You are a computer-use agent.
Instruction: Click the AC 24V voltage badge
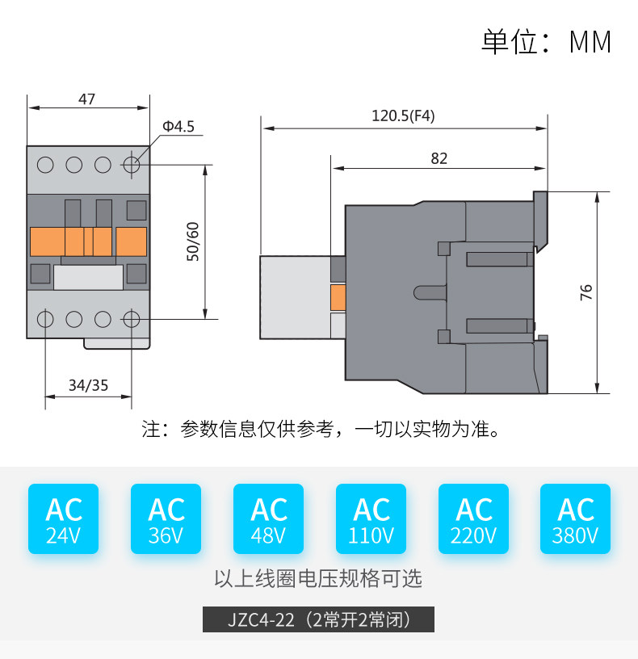(x=64, y=518)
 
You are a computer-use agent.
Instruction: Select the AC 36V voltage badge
(x=166, y=518)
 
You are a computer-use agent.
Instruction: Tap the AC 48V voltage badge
(x=269, y=518)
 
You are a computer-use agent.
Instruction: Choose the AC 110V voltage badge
(x=371, y=518)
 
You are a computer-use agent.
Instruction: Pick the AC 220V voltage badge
(x=474, y=518)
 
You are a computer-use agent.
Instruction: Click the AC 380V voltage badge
(x=575, y=518)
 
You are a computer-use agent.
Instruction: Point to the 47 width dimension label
(x=86, y=99)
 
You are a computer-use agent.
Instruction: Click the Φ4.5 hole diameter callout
(x=178, y=126)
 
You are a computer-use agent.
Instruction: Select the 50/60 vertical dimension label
(x=193, y=241)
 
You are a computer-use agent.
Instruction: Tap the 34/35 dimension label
(x=88, y=385)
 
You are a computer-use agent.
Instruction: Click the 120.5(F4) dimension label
(x=403, y=115)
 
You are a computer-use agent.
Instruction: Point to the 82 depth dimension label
(x=439, y=158)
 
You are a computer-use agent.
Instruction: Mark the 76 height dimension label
(x=586, y=292)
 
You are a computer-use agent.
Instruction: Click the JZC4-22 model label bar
(x=318, y=619)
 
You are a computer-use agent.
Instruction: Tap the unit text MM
(x=590, y=42)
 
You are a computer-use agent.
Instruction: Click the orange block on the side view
(x=338, y=298)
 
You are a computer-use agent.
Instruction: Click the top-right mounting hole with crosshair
(x=132, y=165)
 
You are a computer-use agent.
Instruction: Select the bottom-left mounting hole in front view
(x=45, y=320)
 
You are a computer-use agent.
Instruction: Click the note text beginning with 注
(x=321, y=429)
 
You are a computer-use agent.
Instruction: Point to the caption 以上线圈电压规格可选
(x=318, y=578)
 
